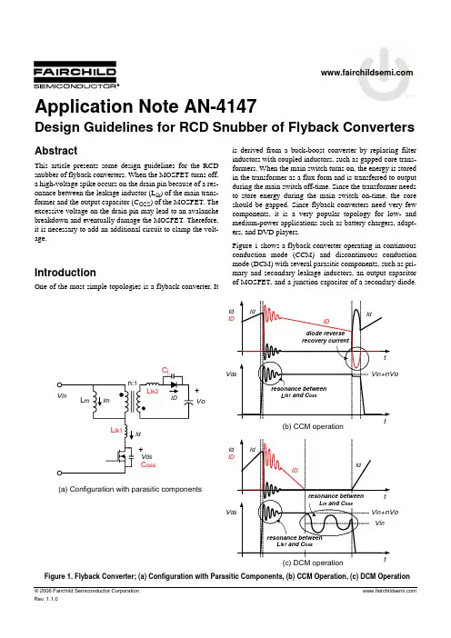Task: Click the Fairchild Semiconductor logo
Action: pyautogui.click(x=76, y=75)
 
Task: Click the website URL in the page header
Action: pyautogui.click(x=366, y=73)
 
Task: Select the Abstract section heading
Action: pyautogui.click(x=55, y=151)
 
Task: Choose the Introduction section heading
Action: pyautogui.click(x=65, y=273)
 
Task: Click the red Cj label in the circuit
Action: pyautogui.click(x=165, y=370)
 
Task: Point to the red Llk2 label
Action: pyautogui.click(x=153, y=391)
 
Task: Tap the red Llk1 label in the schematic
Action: pyautogui.click(x=116, y=430)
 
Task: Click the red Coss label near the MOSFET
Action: pyautogui.click(x=148, y=464)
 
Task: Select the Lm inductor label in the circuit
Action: pyautogui.click(x=85, y=401)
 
